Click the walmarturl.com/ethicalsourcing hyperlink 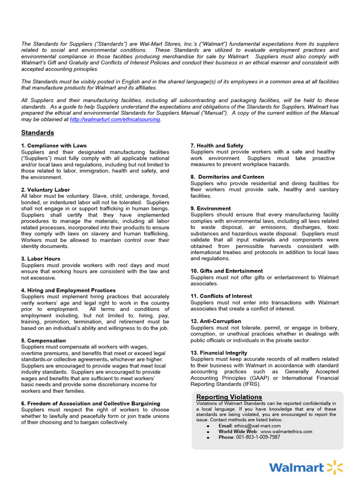click(115, 120)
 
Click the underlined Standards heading click(37, 133)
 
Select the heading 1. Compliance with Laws click(54, 146)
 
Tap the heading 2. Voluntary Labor click(46, 189)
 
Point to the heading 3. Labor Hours click(41, 259)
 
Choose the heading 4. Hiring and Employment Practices click(68, 290)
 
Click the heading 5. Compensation click(43, 341)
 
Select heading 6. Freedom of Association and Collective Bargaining click(90, 404)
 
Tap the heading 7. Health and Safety click(217, 146)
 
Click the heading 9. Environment click(210, 208)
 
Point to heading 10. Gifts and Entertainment click(226, 271)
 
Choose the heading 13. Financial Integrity click(219, 353)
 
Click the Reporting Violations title click(229, 397)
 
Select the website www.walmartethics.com click(286, 431)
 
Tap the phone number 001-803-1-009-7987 click(258, 437)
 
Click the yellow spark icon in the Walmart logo click(335, 467)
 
